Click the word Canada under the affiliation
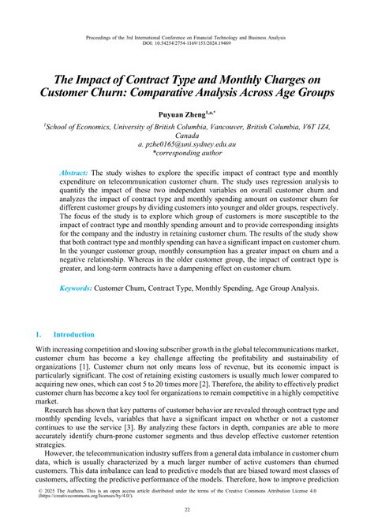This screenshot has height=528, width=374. (x=187, y=135)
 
